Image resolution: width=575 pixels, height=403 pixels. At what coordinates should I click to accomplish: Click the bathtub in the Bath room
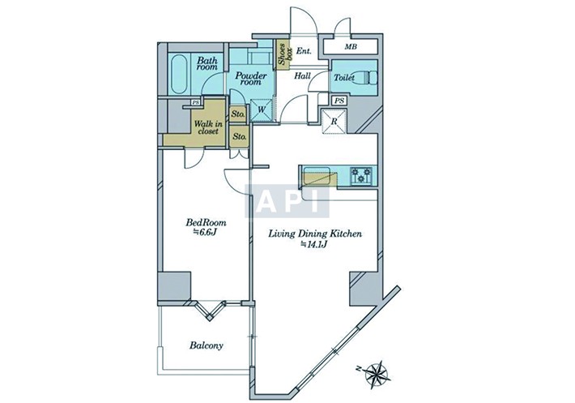(x=180, y=74)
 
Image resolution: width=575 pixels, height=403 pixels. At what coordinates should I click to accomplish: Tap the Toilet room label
(x=344, y=78)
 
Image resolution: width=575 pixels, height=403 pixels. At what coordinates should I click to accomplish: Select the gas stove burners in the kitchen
(x=361, y=175)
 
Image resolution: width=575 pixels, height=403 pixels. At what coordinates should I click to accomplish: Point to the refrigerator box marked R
(x=334, y=121)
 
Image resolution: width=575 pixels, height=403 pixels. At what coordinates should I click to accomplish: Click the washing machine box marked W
(x=262, y=109)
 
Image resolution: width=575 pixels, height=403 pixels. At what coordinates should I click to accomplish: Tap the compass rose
(x=376, y=374)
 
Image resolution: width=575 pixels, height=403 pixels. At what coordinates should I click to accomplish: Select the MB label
(x=351, y=47)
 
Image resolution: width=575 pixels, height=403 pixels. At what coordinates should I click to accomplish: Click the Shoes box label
(x=284, y=54)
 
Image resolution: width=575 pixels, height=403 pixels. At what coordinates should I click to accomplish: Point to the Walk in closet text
(x=208, y=127)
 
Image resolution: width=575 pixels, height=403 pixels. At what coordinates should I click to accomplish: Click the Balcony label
(x=207, y=345)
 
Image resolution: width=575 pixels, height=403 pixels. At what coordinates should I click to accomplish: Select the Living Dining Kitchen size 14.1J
(x=314, y=244)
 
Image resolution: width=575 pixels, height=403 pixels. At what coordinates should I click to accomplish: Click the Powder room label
(x=251, y=79)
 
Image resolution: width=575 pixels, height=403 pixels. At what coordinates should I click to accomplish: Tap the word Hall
(x=303, y=76)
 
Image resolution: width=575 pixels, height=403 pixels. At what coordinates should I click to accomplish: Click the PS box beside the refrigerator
(x=340, y=101)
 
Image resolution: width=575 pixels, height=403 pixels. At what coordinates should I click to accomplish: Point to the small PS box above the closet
(x=196, y=103)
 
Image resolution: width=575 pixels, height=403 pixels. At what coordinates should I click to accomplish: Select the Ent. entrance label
(x=304, y=51)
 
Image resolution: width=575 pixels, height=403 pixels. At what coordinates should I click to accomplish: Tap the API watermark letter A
(x=264, y=201)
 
